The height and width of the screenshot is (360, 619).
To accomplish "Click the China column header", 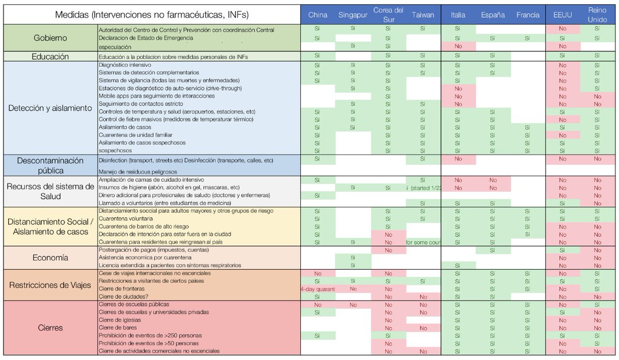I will point(318,15).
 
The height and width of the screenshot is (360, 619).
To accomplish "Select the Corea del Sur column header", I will point(388,15).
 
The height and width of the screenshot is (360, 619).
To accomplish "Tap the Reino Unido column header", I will point(597,15).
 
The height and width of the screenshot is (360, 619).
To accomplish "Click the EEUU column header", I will point(562,15).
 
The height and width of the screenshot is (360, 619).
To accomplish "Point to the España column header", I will point(493,15).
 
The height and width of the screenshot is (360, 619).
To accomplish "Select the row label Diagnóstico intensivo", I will point(123,66).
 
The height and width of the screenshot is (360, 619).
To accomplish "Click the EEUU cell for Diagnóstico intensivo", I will point(562,66).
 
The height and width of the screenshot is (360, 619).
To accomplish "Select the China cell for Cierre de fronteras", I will point(318,289).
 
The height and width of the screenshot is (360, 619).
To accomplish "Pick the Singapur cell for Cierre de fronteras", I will point(353,289).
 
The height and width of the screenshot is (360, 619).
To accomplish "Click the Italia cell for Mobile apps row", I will point(458,96).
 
